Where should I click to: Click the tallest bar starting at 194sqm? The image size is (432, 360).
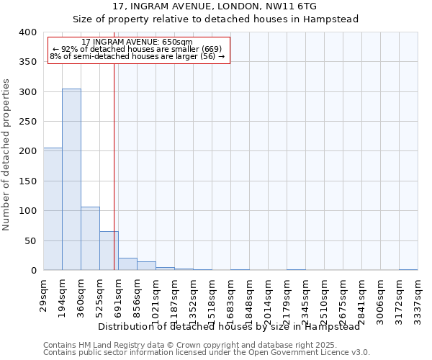tap(71, 180)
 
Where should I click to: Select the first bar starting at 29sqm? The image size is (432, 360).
tap(53, 209)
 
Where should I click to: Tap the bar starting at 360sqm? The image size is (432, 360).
tap(90, 238)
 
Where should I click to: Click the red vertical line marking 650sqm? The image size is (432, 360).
tap(114, 166)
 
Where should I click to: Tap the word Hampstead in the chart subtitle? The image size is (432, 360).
tap(334, 19)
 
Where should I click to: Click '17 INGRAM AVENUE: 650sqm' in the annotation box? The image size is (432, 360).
tap(137, 42)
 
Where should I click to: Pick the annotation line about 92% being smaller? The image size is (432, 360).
tap(137, 49)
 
